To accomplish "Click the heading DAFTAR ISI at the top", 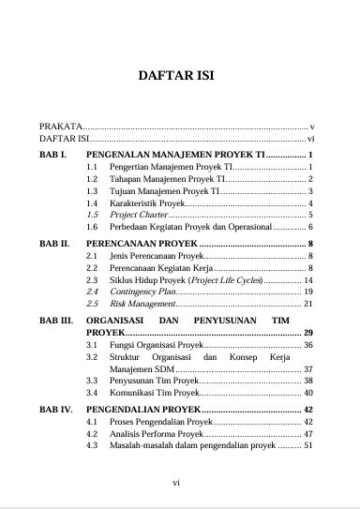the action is point(179,77).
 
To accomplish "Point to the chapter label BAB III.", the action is point(55,320).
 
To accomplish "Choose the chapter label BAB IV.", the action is point(54,409).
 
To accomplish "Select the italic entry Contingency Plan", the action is point(138,292).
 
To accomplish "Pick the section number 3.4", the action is point(92,393).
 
